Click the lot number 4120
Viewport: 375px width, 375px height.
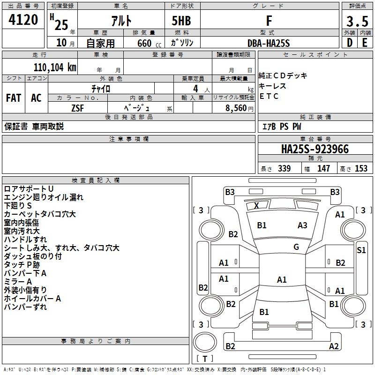[23, 20]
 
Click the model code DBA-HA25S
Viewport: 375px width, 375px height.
[269, 43]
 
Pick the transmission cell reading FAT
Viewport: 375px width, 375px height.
[13, 98]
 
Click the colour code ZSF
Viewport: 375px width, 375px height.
[78, 108]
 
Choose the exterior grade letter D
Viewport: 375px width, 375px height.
[349, 43]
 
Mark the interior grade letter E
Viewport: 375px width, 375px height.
[365, 43]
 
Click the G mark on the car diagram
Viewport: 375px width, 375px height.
[296, 247]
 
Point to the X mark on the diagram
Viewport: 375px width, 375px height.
[256, 205]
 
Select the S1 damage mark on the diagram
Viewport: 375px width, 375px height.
[361, 250]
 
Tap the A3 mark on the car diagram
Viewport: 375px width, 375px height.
[302, 225]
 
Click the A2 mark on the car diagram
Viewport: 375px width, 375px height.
[334, 346]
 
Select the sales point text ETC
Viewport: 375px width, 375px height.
[269, 97]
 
